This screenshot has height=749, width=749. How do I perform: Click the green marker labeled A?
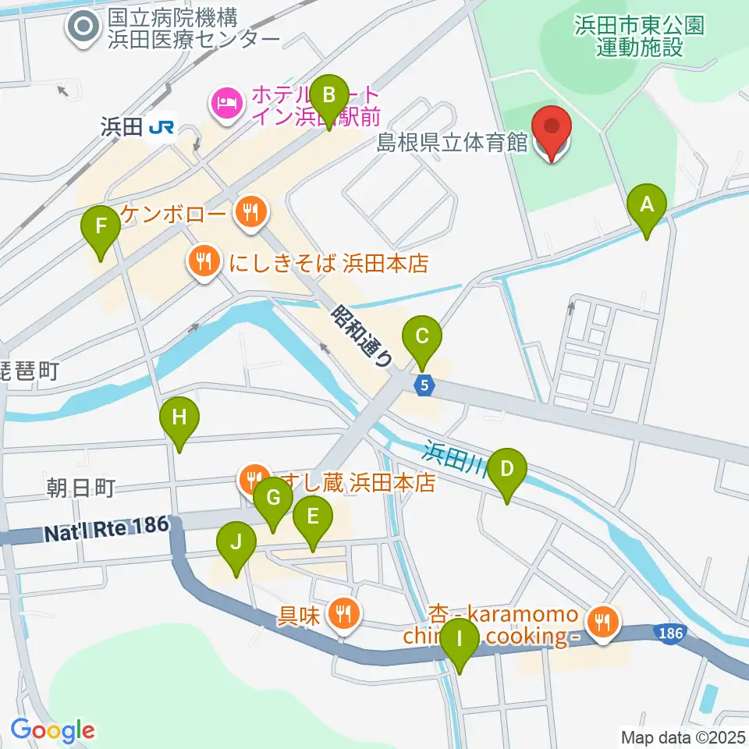646,205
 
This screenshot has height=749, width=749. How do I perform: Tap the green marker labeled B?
329,96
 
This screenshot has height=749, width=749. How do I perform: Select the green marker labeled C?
421,338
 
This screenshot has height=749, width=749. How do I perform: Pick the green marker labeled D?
507,470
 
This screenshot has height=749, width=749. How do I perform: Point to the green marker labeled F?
101,227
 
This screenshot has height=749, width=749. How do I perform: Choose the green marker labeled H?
179,418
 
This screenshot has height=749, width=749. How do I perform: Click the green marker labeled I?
459,641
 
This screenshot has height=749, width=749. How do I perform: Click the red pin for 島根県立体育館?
552,128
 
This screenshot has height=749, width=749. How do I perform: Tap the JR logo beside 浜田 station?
161,126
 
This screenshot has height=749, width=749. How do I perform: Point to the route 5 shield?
424,385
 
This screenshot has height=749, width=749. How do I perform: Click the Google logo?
52,731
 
